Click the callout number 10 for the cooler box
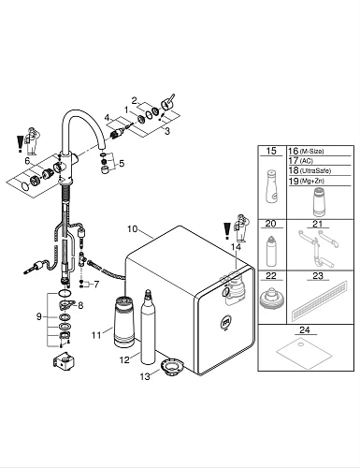pos(132,229)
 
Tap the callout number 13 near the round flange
pos(145,376)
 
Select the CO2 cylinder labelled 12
pos(148,327)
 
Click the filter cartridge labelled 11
pos(123,323)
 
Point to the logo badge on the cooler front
pos(226,323)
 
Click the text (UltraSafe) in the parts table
pos(315,170)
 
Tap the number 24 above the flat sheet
pos(304,329)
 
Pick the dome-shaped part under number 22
pos(271,298)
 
